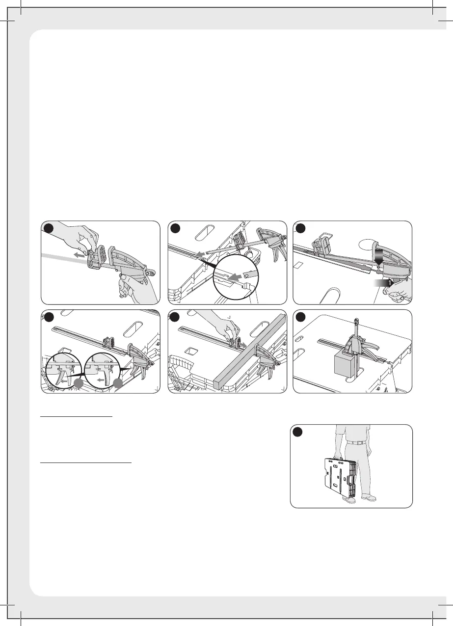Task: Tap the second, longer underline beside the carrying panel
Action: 86,462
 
